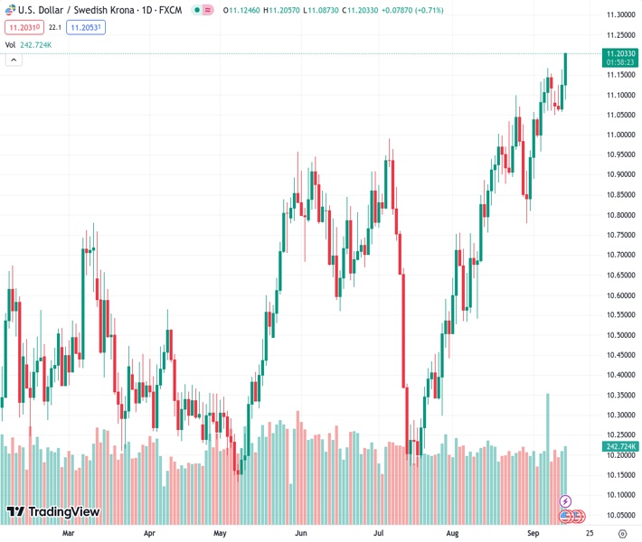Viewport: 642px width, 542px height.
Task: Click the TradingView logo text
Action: tap(63, 512)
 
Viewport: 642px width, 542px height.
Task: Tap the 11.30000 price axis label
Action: tap(619, 15)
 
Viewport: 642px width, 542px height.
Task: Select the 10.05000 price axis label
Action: tap(619, 515)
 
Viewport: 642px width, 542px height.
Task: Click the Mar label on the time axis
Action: tap(69, 533)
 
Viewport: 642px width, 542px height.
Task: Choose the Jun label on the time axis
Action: tap(301, 533)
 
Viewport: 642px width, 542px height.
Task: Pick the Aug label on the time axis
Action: tap(453, 533)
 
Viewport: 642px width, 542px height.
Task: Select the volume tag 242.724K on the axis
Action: tap(619, 446)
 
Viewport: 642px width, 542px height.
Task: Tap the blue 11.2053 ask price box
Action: tap(86, 28)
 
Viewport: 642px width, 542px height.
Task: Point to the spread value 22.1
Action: tap(55, 28)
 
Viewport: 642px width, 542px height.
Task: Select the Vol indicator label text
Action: tap(11, 44)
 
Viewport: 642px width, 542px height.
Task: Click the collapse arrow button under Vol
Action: tap(14, 60)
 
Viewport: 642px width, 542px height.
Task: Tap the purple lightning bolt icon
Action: tap(566, 501)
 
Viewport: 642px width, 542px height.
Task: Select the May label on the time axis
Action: tap(220, 533)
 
